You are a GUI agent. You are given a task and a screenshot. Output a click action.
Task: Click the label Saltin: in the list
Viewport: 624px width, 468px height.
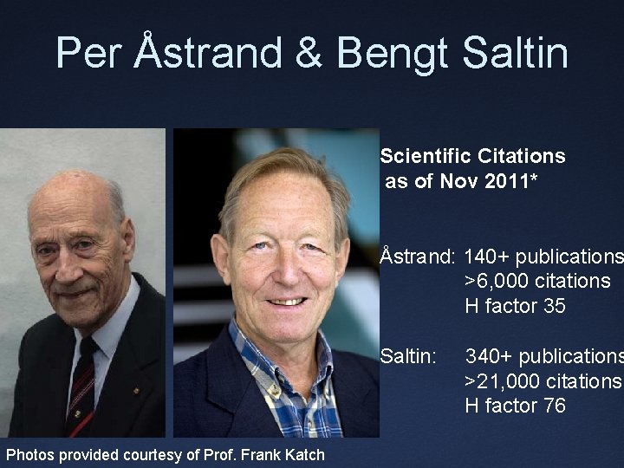[x=407, y=355]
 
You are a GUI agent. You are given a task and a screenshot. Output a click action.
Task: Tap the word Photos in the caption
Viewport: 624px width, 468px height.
[x=30, y=454]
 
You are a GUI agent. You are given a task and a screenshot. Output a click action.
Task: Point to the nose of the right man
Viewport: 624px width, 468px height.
[x=283, y=269]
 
